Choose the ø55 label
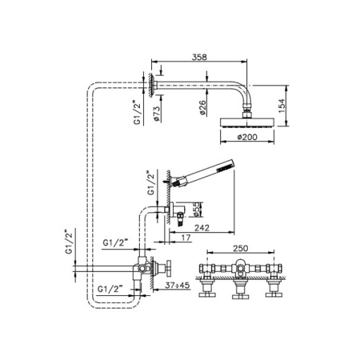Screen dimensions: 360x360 pos(196,211)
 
